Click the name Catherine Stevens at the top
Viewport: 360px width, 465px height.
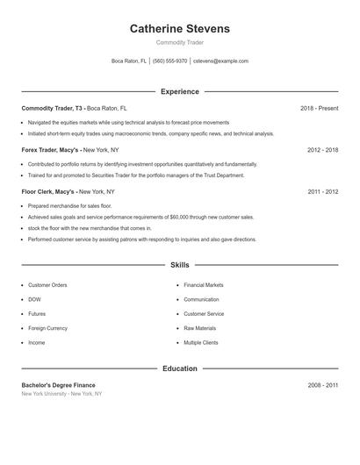click(x=179, y=29)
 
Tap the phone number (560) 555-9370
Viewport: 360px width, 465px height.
click(x=169, y=61)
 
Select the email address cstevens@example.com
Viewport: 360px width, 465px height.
click(x=220, y=61)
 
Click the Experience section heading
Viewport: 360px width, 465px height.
click(x=179, y=91)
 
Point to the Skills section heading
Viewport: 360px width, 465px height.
click(x=179, y=264)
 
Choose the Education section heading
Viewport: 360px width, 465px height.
click(x=179, y=368)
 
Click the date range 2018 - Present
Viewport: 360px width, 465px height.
click(x=319, y=108)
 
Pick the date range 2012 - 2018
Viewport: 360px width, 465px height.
click(x=322, y=150)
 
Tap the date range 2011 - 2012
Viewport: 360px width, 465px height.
click(x=322, y=191)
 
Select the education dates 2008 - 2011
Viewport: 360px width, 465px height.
click(x=322, y=385)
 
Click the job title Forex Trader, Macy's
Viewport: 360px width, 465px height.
click(x=50, y=150)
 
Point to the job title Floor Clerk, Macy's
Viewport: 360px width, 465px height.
click(x=48, y=191)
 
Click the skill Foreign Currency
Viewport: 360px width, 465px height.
click(x=47, y=328)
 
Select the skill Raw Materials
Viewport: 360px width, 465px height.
click(x=199, y=328)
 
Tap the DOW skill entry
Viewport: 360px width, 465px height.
click(x=35, y=299)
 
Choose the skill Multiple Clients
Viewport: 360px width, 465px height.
click(x=201, y=342)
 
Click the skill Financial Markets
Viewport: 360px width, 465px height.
click(x=204, y=285)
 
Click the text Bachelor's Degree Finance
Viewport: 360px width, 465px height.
click(x=58, y=385)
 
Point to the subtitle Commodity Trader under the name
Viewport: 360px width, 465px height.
click(x=179, y=42)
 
